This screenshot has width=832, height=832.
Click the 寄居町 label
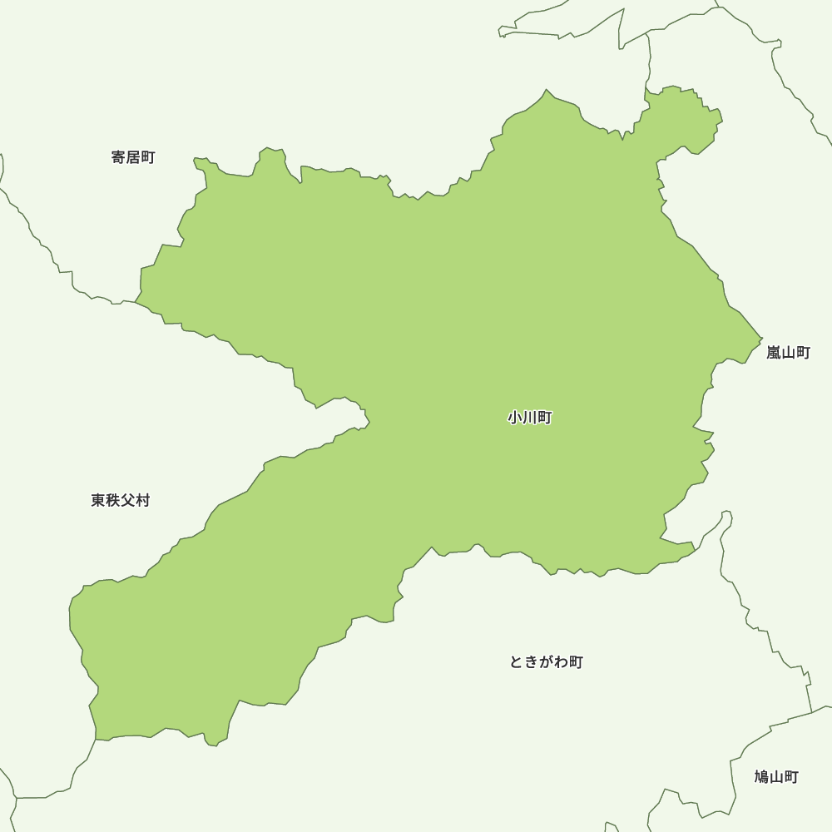pyautogui.click(x=133, y=157)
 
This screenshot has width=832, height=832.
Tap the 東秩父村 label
pyautogui.click(x=121, y=500)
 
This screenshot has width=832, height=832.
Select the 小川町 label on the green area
pyautogui.click(x=530, y=418)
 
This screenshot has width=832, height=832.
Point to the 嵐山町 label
pyautogui.click(x=788, y=353)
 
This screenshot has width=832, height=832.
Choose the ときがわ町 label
pyautogui.click(x=546, y=662)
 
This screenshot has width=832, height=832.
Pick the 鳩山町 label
pyautogui.click(x=776, y=777)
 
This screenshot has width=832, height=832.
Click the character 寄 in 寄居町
pyautogui.click(x=118, y=157)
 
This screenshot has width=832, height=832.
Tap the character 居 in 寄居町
pyautogui.click(x=133, y=157)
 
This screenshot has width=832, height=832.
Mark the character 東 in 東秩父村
pyautogui.click(x=98, y=500)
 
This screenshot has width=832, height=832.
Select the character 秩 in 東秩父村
pyautogui.click(x=113, y=500)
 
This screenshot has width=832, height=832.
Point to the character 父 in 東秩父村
pyautogui.click(x=128, y=500)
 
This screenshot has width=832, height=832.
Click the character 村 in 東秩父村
pyautogui.click(x=143, y=500)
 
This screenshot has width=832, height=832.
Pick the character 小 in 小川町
pyautogui.click(x=515, y=418)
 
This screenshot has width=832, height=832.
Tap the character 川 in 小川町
pyautogui.click(x=530, y=418)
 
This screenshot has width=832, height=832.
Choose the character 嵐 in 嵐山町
pyautogui.click(x=774, y=353)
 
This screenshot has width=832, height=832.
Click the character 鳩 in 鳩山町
pyautogui.click(x=761, y=777)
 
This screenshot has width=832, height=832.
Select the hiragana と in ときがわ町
pyautogui.click(x=517, y=662)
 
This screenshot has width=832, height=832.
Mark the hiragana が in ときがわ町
pyautogui.click(x=546, y=662)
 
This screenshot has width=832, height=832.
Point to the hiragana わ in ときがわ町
pyautogui.click(x=561, y=662)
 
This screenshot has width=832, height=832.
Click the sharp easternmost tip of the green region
pyautogui.click(x=762, y=339)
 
